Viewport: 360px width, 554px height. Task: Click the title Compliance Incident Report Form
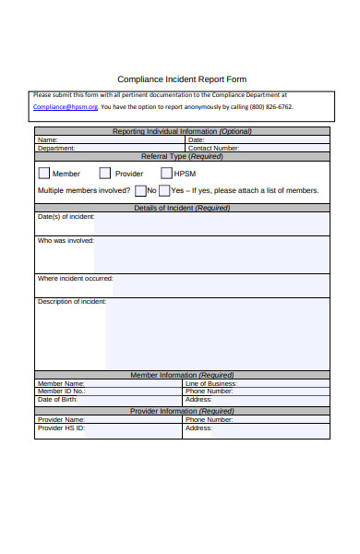click(x=182, y=79)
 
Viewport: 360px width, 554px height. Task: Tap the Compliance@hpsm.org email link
click(x=66, y=107)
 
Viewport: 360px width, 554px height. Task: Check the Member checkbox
click(x=44, y=173)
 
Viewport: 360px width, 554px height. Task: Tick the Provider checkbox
click(x=105, y=173)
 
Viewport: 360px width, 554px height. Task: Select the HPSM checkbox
click(x=166, y=173)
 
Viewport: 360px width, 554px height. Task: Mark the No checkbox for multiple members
click(x=139, y=191)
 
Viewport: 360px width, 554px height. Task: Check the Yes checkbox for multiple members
click(x=163, y=191)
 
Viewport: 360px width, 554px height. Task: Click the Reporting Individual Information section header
click(x=182, y=131)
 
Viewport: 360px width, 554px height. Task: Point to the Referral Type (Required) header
click(x=182, y=156)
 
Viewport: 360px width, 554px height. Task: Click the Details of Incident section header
click(x=182, y=208)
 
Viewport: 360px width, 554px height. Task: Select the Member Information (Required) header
click(x=182, y=375)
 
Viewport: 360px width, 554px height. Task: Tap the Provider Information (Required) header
click(x=182, y=411)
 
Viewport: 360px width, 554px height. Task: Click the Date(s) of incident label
click(x=66, y=217)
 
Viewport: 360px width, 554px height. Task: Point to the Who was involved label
click(x=66, y=241)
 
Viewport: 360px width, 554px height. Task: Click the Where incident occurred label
click(x=75, y=278)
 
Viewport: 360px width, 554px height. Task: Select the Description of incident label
click(x=72, y=302)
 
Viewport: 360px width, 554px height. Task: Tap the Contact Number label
click(x=213, y=148)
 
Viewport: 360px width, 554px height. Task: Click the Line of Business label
click(x=210, y=383)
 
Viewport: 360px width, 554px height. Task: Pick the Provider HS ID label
click(x=61, y=428)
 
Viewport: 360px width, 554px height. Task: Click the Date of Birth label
click(x=57, y=399)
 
